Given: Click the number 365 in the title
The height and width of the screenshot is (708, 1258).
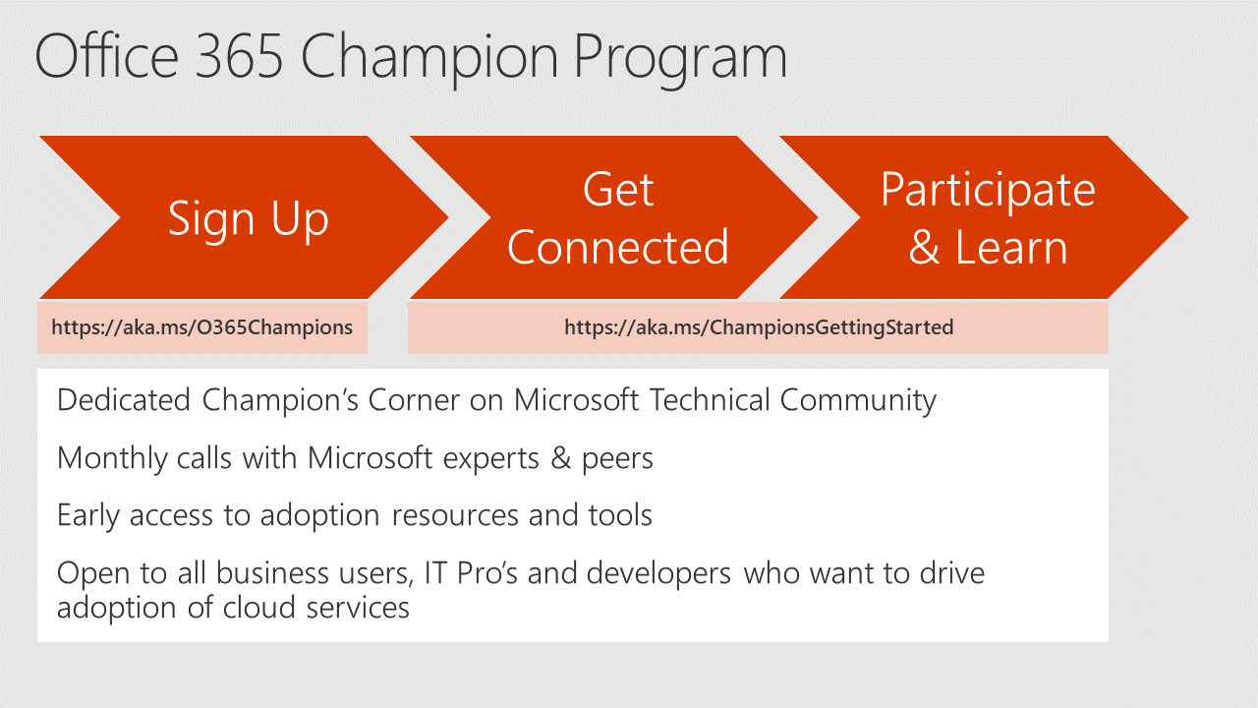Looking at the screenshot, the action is [x=239, y=56].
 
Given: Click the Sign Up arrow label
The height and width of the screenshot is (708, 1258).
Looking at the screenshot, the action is [x=249, y=220].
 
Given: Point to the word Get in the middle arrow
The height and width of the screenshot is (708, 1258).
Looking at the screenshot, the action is [x=618, y=190].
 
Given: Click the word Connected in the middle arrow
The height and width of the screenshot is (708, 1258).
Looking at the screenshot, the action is [x=618, y=247].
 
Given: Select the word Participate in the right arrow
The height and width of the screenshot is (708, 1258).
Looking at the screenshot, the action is [x=988, y=192].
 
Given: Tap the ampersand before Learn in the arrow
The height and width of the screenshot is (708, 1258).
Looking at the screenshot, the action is [x=925, y=247].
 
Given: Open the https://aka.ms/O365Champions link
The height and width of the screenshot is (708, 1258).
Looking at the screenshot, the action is [x=202, y=327].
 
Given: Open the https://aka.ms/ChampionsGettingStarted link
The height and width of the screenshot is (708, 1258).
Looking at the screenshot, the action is [x=759, y=327].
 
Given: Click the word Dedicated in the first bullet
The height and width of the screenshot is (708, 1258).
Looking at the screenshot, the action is [x=124, y=400].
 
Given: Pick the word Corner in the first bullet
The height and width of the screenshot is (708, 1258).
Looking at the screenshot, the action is [x=414, y=400].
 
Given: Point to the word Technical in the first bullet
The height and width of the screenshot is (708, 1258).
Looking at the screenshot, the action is [x=710, y=400].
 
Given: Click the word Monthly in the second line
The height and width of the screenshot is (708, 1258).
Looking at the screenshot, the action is [x=112, y=459].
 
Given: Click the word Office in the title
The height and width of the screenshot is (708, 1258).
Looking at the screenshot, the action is [x=107, y=56].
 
